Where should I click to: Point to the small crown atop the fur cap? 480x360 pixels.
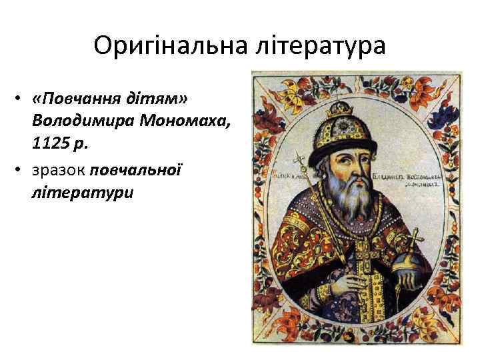point(349,107)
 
